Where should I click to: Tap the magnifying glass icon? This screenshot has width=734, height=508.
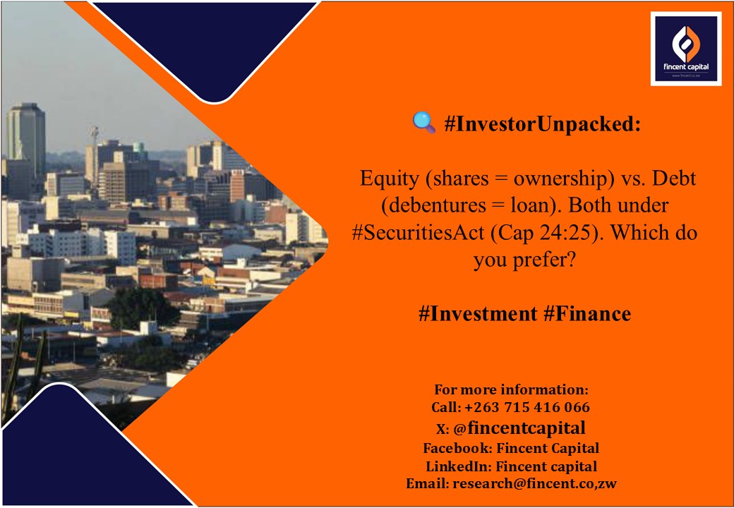click(x=423, y=124)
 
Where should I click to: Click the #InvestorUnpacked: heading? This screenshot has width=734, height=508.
click(x=543, y=125)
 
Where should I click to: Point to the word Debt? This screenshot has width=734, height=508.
click(x=673, y=178)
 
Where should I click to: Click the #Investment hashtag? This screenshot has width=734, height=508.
click(x=478, y=314)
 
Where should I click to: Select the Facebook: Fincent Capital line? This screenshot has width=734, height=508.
click(x=511, y=447)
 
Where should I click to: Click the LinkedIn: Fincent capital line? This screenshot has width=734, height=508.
click(x=511, y=466)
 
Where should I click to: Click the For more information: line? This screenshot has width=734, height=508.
click(x=511, y=389)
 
